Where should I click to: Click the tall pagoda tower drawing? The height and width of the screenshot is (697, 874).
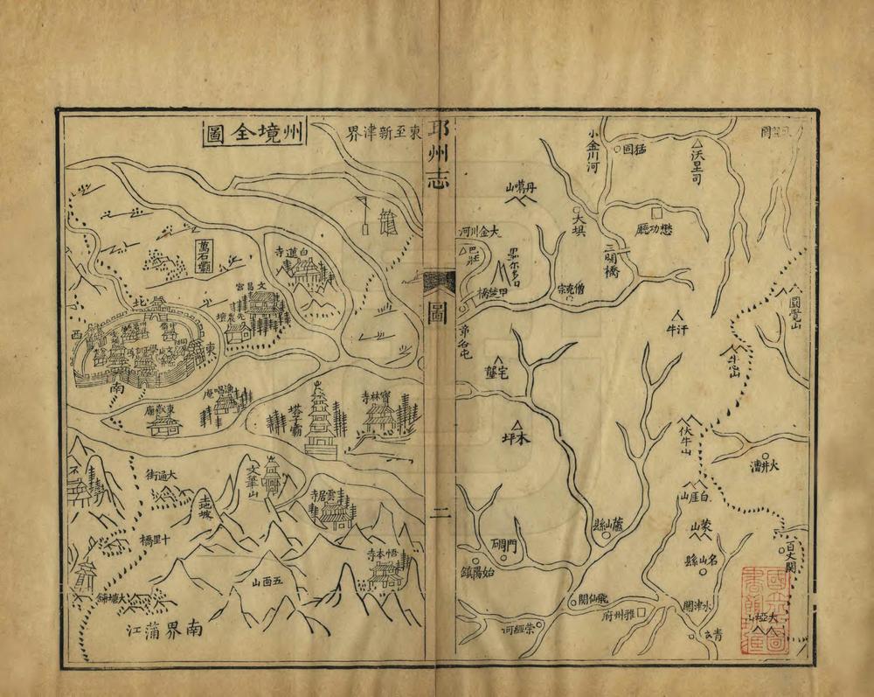point(321,422)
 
